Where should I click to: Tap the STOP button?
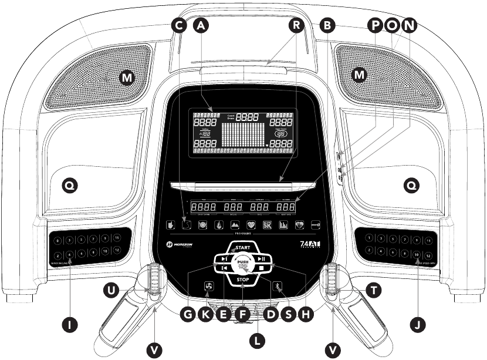tap(243, 280)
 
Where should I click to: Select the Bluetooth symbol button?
tap(280, 287)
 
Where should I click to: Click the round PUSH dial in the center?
tap(243, 263)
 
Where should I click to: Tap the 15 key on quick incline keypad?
tap(117, 238)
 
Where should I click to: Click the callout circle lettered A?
tap(201, 25)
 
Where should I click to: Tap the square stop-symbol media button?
tap(260, 268)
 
